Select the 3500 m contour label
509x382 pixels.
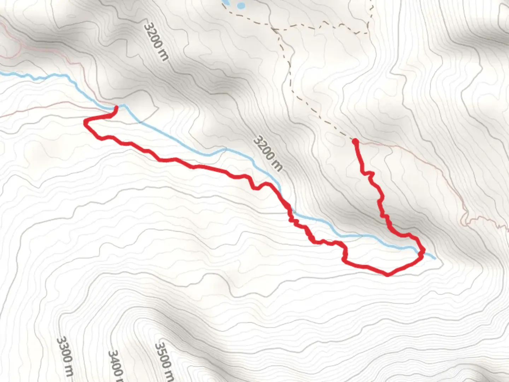pos(164,361)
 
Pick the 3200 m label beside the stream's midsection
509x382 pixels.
pos(268,154)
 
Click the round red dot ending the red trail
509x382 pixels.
pos(355,141)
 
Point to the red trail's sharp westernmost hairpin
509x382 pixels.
pos(86,122)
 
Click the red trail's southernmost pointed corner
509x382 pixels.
pos(388,274)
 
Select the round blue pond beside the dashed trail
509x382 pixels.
pos(241,6)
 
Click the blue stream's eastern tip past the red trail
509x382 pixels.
pos(435,258)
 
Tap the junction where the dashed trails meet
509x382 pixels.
pos(275,30)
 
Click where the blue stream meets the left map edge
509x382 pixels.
pos(1,74)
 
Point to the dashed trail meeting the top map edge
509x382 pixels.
pos(372,1)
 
